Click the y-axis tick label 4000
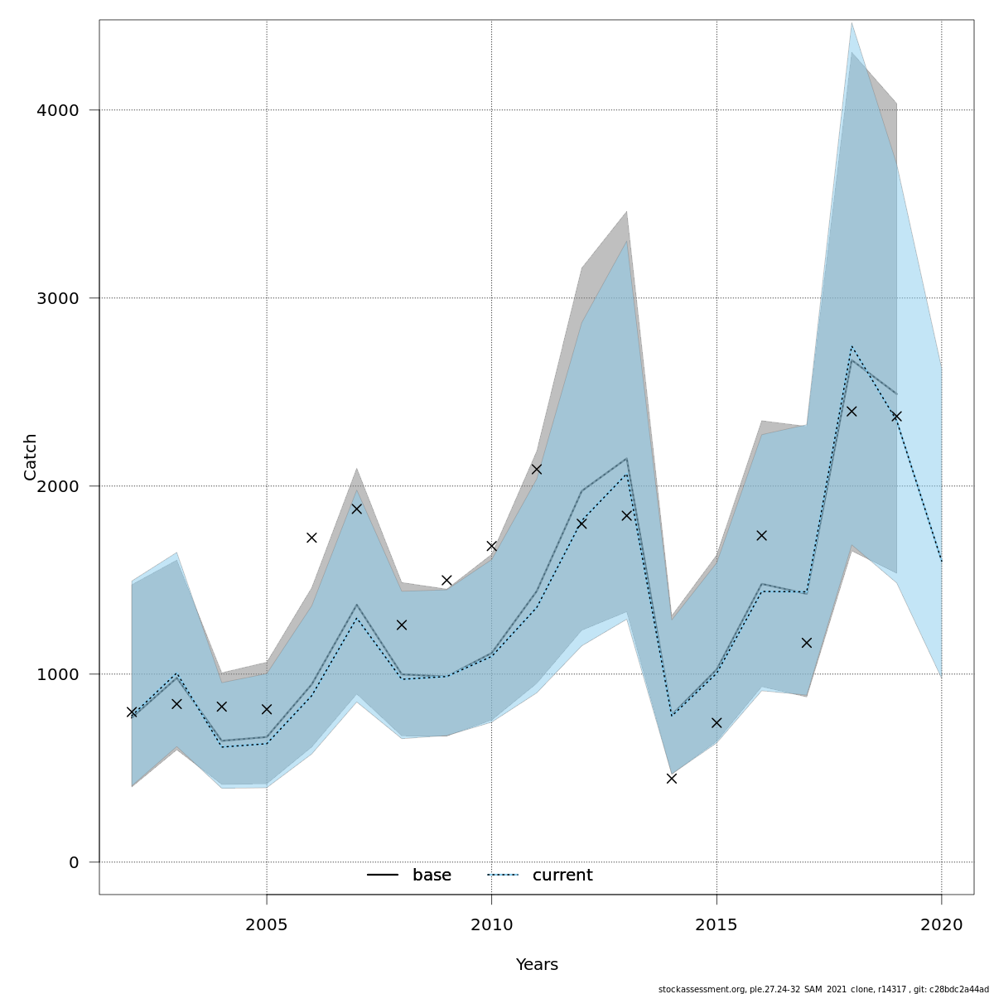click(x=57, y=110)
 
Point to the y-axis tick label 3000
click(x=57, y=298)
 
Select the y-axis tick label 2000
click(x=57, y=486)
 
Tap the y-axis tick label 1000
click(x=57, y=674)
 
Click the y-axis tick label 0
click(x=74, y=862)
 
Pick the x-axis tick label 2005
click(x=267, y=924)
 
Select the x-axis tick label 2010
click(x=491, y=924)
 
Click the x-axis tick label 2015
click(x=717, y=924)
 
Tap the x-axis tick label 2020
click(x=941, y=924)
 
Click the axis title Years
click(x=537, y=965)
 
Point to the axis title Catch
click(x=31, y=456)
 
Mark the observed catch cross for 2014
click(x=672, y=779)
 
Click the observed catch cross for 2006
click(x=311, y=538)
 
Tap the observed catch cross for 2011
click(x=536, y=469)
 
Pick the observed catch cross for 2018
click(x=851, y=411)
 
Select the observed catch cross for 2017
click(x=806, y=643)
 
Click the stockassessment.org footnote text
click(x=823, y=989)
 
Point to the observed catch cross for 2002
click(x=132, y=712)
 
